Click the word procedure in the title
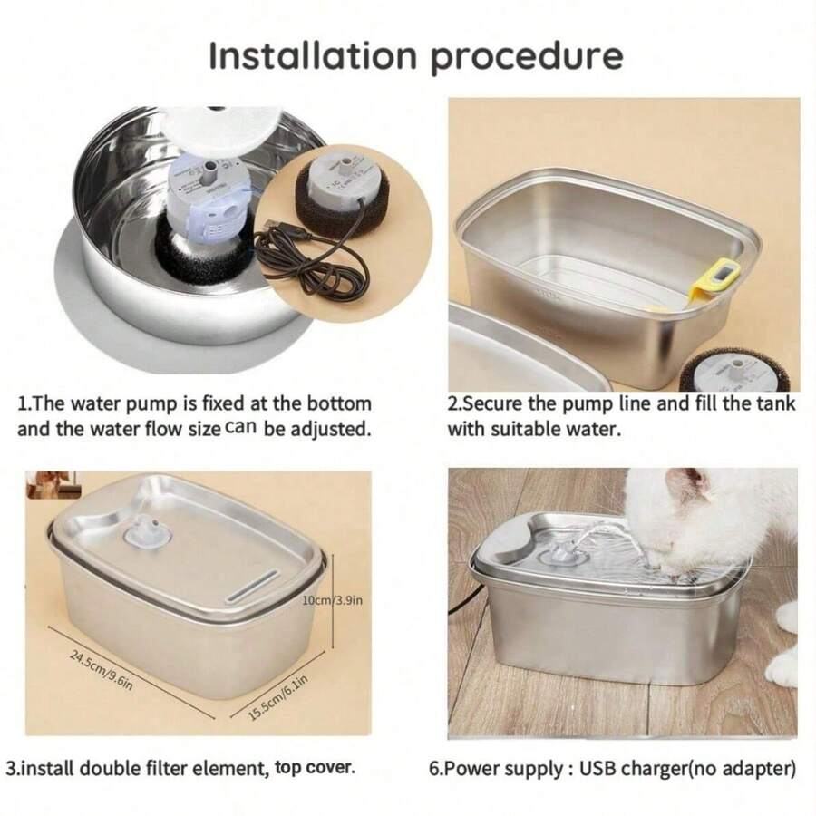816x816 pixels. point(526,56)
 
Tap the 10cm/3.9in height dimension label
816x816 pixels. point(332,600)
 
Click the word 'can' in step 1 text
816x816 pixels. point(240,426)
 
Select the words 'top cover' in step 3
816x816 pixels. point(315,767)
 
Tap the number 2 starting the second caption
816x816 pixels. point(452,403)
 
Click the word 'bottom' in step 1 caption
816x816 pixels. point(337,403)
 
